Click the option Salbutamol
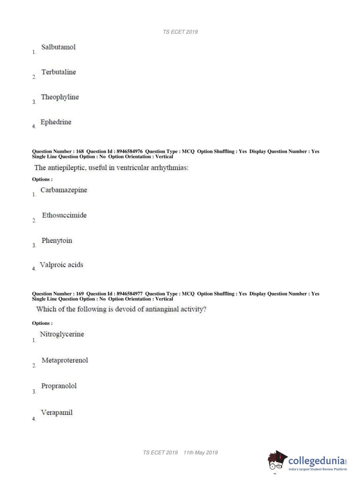point(58,47)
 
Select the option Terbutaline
point(59,72)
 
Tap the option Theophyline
point(60,97)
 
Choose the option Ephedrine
point(56,122)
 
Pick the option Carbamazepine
point(64,190)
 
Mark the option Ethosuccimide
point(64,215)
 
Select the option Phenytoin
point(57,240)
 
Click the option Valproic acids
point(61,265)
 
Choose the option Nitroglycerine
point(62,334)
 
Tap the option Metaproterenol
point(65,360)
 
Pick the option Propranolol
point(59,386)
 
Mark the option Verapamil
point(57,412)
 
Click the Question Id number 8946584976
point(129,152)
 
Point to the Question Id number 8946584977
point(129,294)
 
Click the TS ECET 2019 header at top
point(180,32)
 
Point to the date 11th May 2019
point(201,453)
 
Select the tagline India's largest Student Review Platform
point(318,469)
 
